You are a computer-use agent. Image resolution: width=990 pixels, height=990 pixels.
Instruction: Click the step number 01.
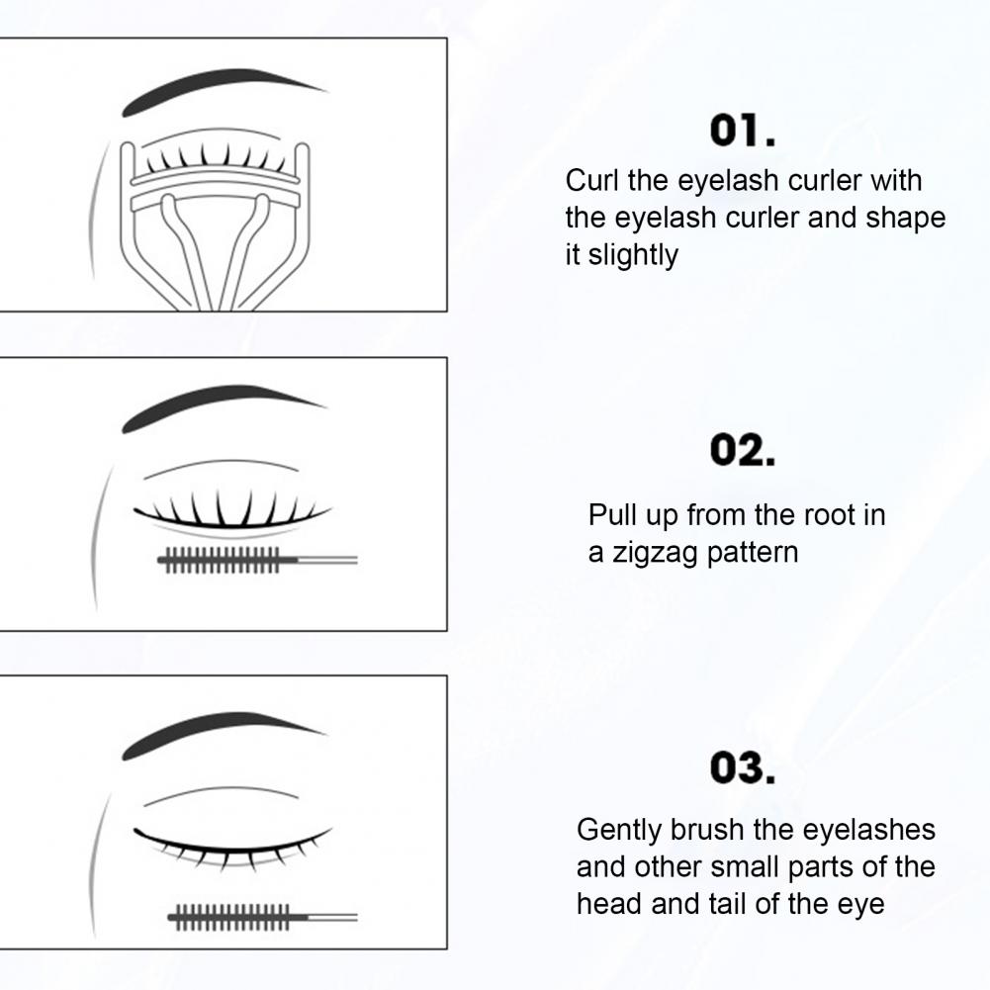click(743, 131)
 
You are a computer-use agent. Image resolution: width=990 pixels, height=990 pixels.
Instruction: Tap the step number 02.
click(743, 450)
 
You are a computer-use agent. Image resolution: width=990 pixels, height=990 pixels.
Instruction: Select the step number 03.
click(743, 768)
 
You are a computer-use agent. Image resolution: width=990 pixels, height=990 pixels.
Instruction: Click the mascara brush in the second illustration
click(257, 560)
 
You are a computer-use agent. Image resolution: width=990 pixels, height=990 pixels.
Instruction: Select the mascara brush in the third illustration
click(263, 917)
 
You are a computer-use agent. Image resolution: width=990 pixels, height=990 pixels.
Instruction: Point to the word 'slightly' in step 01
click(633, 256)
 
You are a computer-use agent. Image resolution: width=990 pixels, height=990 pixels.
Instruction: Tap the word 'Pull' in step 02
click(612, 514)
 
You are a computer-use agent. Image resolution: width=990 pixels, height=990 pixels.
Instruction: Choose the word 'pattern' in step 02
click(753, 553)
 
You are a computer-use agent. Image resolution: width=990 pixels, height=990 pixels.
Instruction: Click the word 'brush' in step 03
click(706, 830)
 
